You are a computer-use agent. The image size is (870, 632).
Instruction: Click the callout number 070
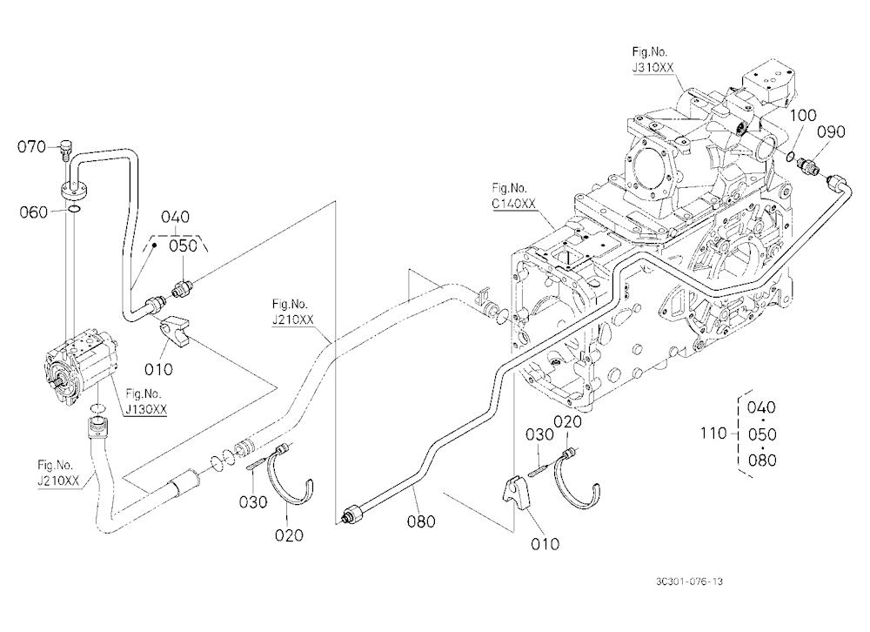pyautogui.click(x=31, y=146)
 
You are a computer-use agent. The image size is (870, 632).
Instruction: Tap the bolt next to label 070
pyautogui.click(x=64, y=150)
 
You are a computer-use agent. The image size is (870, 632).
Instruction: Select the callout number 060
pyautogui.click(x=33, y=212)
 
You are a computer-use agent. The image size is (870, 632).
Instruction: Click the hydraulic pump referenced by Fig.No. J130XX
pyautogui.click(x=80, y=366)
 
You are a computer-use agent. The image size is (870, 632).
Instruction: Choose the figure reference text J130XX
pyautogui.click(x=146, y=409)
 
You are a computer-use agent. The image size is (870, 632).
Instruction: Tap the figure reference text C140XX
pyautogui.click(x=514, y=204)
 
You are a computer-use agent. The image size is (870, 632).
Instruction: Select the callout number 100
pyautogui.click(x=803, y=115)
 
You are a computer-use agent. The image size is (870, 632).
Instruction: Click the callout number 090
pyautogui.click(x=832, y=131)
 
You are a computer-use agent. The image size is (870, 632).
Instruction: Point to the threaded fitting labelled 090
pyautogui.click(x=808, y=165)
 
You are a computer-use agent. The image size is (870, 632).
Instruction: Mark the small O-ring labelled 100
pyautogui.click(x=790, y=157)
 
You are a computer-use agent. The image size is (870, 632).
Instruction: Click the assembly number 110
pyautogui.click(x=713, y=433)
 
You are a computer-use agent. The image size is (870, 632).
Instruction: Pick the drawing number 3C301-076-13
pyautogui.click(x=689, y=582)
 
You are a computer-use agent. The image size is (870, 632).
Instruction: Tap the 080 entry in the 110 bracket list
pyautogui.click(x=762, y=460)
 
